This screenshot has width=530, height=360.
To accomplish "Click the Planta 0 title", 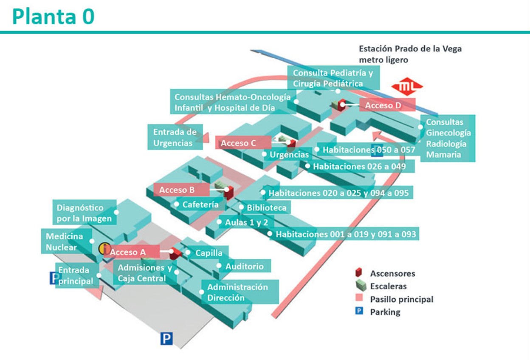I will (54, 17).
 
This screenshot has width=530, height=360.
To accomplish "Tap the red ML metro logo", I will (407, 87).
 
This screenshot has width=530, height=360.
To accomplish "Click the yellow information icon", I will (104, 249).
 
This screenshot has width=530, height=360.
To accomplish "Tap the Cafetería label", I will (200, 204).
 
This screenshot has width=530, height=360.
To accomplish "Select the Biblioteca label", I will (266, 208).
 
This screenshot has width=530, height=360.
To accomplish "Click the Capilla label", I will (209, 253).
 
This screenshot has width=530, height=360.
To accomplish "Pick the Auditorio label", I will (244, 266).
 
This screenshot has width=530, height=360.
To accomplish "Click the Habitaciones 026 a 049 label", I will (359, 166).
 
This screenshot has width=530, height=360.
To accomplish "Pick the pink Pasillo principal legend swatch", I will (359, 299).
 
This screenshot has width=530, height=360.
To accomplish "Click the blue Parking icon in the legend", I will (359, 312).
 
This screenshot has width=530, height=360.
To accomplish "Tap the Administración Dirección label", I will (237, 292).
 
